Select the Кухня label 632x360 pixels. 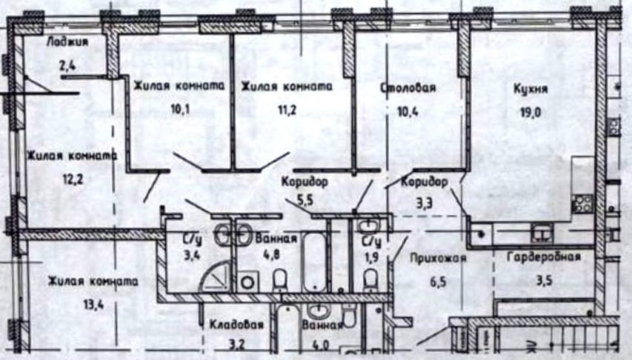530,90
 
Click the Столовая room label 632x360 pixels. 408,88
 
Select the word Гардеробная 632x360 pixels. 544,258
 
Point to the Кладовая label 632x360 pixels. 236,324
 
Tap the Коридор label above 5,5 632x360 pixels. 304,181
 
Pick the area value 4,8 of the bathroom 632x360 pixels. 276,261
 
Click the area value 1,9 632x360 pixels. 371,259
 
